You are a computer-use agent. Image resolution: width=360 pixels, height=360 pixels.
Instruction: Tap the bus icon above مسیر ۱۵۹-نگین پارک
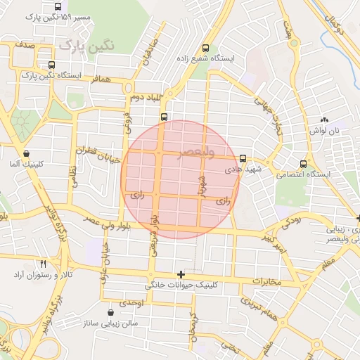coord(57,6)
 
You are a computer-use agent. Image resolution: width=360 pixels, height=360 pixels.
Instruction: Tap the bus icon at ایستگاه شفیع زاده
coord(205,49)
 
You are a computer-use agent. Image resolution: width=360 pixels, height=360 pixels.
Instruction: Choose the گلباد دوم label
coord(148,96)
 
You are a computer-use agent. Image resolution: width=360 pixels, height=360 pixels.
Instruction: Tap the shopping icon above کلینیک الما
coord(27,153)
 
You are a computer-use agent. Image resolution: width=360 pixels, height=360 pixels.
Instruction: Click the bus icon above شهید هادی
coord(243,158)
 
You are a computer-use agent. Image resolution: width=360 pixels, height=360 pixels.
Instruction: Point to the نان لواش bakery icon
coord(324,120)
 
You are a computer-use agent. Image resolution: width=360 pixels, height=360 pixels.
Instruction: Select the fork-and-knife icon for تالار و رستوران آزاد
coord(44,262)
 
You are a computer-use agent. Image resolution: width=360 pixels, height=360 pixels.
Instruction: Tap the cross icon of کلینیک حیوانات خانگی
coord(181,274)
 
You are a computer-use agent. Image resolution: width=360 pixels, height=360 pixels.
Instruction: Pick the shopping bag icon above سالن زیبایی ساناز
coord(110,312)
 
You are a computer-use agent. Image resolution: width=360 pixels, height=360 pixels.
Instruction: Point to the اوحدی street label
coord(131,302)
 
